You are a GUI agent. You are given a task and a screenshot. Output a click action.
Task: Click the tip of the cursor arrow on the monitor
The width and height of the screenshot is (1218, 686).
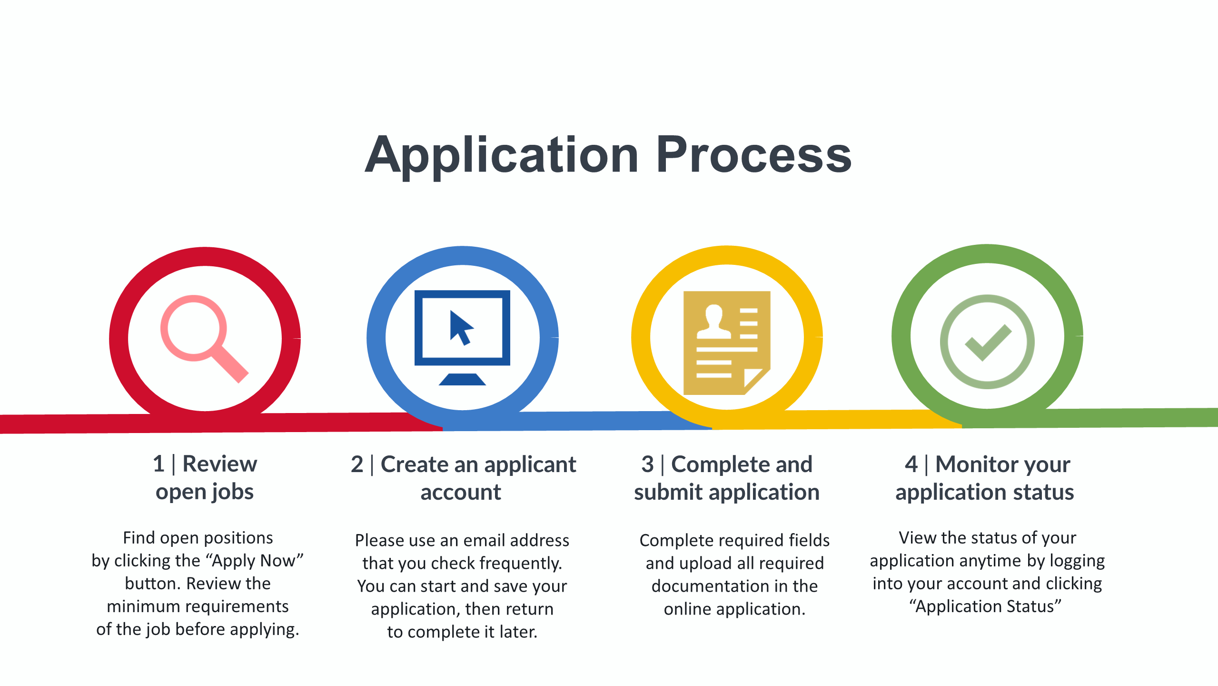pos(451,311)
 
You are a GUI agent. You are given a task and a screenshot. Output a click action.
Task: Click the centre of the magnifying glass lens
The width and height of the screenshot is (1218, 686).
pos(193,328)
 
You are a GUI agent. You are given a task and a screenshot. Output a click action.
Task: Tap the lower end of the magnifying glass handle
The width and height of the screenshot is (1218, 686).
pos(243,378)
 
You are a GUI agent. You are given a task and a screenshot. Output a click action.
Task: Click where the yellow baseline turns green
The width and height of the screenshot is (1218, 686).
pos(962,419)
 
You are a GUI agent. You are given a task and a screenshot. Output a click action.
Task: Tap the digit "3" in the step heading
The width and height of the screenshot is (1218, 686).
pos(647,464)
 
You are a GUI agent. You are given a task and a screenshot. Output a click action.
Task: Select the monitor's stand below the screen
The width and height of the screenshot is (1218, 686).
pos(462,379)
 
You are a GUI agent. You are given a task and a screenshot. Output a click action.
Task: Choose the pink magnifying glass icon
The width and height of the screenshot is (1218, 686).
pos(204,339)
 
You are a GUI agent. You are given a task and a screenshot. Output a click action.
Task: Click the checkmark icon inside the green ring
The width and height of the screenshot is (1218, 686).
pos(987,342)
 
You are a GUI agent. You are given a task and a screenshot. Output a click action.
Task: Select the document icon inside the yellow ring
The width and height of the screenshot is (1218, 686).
pos(727,343)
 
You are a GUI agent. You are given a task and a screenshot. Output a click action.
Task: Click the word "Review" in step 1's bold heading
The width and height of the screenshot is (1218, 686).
pos(219,464)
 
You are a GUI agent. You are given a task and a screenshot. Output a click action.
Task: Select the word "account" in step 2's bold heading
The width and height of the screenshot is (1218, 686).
pos(461,492)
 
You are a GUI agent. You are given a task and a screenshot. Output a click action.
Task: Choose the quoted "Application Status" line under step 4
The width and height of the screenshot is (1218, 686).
pos(985,606)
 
